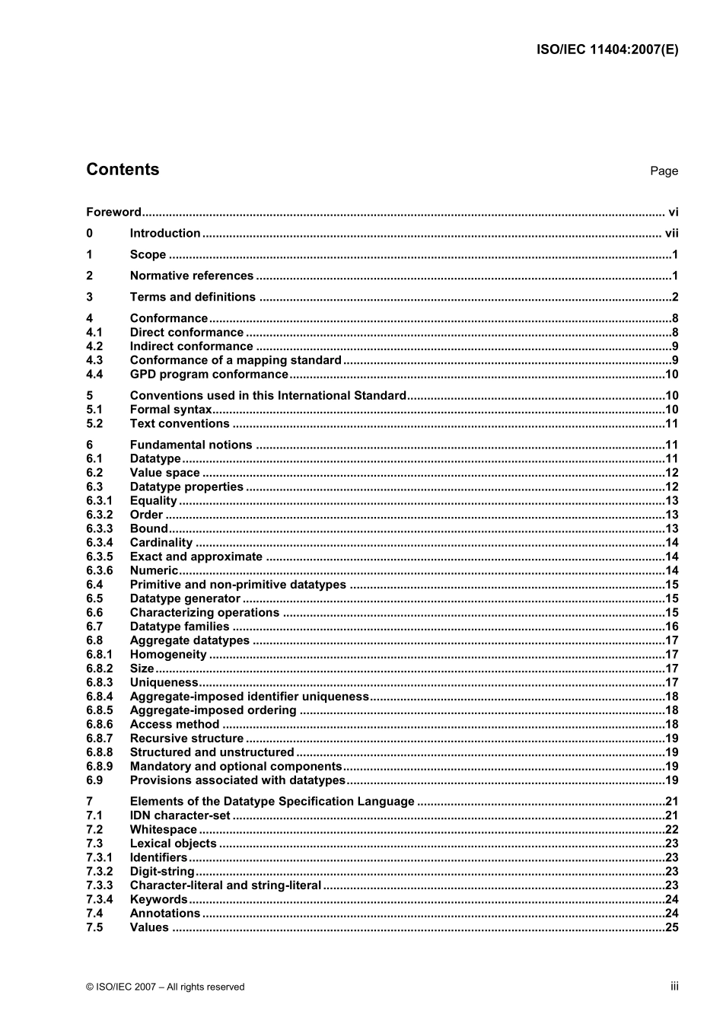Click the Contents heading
123,170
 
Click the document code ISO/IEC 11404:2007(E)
607,49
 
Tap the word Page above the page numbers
664,171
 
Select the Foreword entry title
113,212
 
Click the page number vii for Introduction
671,234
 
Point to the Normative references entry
191,276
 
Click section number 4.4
94,375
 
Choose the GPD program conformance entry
209,375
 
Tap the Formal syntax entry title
170,410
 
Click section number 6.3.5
99,557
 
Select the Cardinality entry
161,543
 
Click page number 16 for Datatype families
671,627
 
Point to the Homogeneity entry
168,655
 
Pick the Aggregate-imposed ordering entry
213,710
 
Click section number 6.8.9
99,767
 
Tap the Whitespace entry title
163,830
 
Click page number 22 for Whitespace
671,830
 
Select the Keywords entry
158,900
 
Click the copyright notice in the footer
165,987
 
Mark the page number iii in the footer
674,986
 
